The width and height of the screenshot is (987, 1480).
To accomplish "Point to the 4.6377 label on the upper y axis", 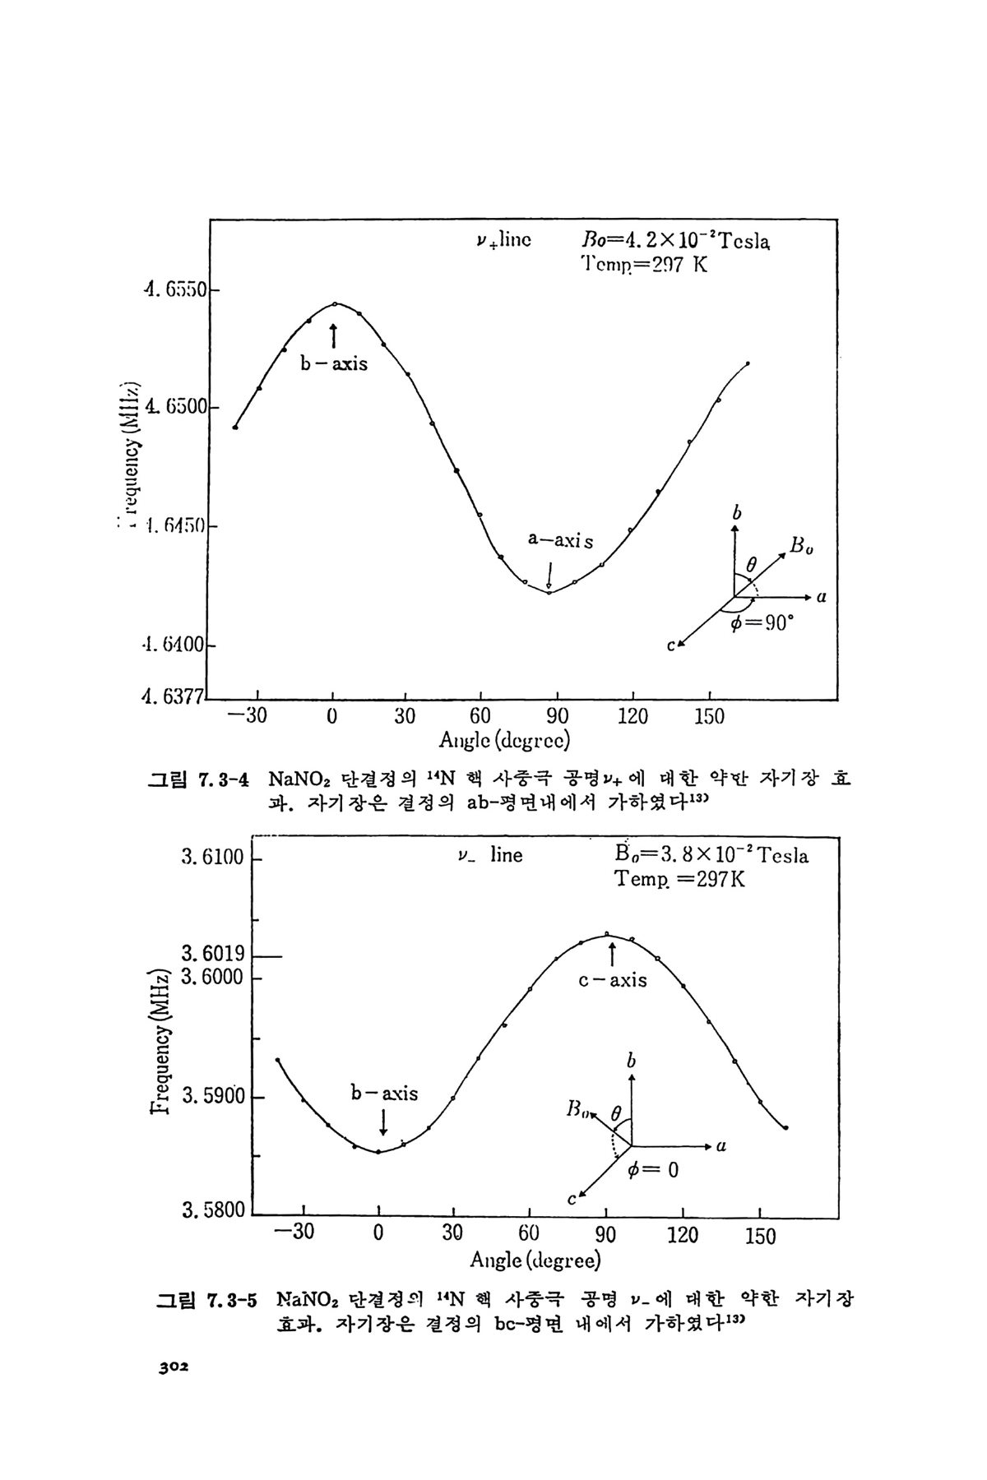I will pos(172,698).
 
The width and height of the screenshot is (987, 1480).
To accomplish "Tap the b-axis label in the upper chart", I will pos(333,363).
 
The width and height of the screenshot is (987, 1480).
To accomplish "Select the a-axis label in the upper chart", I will pos(560,541).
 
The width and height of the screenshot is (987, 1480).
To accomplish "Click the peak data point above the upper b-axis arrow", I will pos(335,304).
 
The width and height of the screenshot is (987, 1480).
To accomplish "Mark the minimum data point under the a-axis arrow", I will pos(549,592).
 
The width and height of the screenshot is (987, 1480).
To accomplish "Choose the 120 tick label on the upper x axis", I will pos(633,717).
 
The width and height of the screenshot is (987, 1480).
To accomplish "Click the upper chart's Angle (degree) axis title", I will pos(505,740).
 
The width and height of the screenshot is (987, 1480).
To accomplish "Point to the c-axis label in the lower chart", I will pos(613,980).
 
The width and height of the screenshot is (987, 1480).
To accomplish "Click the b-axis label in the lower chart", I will pos(384,1094).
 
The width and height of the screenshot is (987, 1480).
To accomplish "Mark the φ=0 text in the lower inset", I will pos(652,1170).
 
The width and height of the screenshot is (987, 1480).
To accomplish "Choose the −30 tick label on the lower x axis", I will pos(295,1234).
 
